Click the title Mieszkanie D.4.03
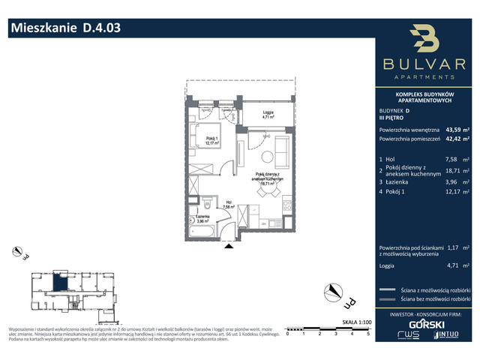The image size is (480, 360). coord(64,29)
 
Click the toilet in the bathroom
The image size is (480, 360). coord(207,201)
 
